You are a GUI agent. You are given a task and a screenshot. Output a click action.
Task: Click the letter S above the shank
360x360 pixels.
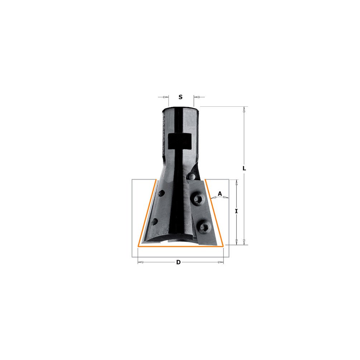pyautogui.click(x=181, y=97)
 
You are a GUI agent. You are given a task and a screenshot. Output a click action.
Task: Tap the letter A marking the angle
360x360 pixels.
pyautogui.click(x=220, y=193)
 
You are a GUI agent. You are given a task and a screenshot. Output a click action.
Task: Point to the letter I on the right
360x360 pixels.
pyautogui.click(x=236, y=211)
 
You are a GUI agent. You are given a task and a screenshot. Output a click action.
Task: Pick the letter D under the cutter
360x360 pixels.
pyautogui.click(x=178, y=262)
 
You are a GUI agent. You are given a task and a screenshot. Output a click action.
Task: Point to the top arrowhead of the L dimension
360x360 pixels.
pyautogui.click(x=244, y=110)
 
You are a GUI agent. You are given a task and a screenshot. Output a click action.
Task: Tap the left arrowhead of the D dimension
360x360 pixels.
pyautogui.click(x=141, y=262)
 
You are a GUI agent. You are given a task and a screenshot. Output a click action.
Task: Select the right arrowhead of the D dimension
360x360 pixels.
pyautogui.click(x=220, y=262)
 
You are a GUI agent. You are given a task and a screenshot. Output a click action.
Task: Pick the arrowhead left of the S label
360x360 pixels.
pyautogui.click(x=165, y=97)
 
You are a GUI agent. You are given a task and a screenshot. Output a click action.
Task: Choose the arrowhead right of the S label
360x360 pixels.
pyautogui.click(x=197, y=97)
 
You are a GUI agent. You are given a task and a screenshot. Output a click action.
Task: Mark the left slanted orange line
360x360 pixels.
pyautogui.click(x=147, y=213)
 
